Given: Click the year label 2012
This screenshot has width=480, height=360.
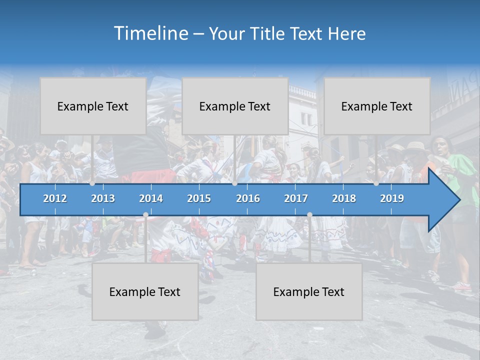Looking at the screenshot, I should (x=55, y=198).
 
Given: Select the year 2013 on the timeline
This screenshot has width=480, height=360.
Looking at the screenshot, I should (x=103, y=198).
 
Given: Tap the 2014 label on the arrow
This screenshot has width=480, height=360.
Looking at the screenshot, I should (x=151, y=198).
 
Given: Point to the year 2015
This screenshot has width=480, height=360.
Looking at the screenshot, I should (x=199, y=198).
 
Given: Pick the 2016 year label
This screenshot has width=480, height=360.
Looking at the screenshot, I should (x=248, y=198).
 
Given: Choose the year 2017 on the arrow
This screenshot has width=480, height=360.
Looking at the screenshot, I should (x=296, y=198).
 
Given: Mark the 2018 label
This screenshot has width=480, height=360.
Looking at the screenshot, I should (x=344, y=198).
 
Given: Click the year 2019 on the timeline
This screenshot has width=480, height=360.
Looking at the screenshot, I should (x=392, y=198).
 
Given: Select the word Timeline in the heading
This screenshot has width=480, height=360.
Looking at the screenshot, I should (x=150, y=33).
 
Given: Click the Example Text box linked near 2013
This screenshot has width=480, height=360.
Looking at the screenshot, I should (x=93, y=106).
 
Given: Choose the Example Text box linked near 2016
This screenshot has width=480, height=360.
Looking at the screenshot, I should (x=235, y=106).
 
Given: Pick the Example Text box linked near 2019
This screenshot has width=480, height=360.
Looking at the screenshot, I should (x=377, y=106).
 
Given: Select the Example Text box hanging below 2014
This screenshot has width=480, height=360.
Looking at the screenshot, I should (x=145, y=291).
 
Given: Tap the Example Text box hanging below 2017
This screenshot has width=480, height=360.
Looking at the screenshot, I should (x=309, y=291).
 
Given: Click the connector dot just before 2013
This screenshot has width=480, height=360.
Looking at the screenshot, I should (x=92, y=183).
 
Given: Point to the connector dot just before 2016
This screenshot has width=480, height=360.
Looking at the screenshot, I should (x=234, y=183).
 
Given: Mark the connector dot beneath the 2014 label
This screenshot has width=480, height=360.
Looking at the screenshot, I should (x=145, y=215).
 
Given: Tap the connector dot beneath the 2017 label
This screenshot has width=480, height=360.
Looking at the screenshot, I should (x=309, y=215).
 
